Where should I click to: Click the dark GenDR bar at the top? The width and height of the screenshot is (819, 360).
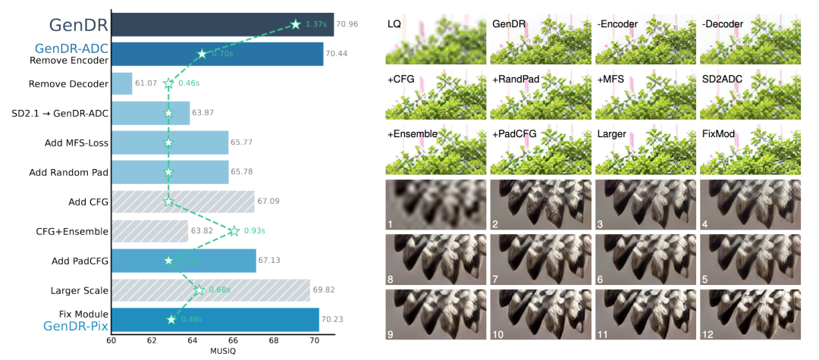[x=220, y=25]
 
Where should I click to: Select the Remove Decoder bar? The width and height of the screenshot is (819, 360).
[x=121, y=83]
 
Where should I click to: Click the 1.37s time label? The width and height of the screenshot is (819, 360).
[x=315, y=24]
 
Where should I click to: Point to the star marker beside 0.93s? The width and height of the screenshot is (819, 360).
[x=234, y=230]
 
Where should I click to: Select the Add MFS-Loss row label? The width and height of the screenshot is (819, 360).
[x=77, y=142]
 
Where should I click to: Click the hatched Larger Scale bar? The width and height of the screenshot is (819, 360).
[x=210, y=290]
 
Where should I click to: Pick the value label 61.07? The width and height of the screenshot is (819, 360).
[x=146, y=83]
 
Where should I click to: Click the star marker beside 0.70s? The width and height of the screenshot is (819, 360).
[x=202, y=54]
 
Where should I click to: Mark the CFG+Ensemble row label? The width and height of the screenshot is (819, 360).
[x=72, y=230]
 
